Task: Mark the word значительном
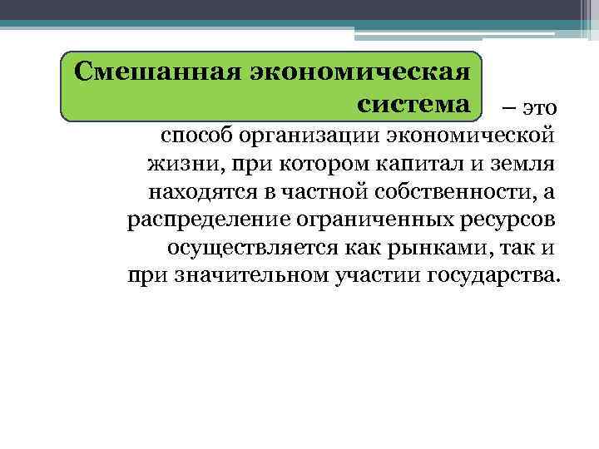click(261, 276)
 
